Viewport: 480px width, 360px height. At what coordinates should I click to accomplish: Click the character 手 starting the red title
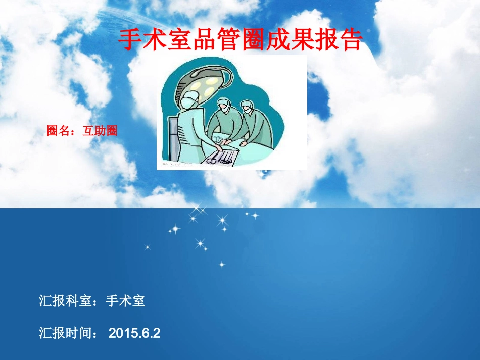click(x=130, y=40)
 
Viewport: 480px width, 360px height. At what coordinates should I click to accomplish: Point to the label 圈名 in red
click(x=58, y=131)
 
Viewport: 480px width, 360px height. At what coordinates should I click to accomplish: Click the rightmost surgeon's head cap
click(x=247, y=105)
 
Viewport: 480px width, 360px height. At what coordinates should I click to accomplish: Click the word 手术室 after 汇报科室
click(x=125, y=301)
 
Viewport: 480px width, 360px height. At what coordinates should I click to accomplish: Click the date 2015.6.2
click(x=134, y=333)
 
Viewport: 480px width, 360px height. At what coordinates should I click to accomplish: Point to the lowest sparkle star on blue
click(x=221, y=264)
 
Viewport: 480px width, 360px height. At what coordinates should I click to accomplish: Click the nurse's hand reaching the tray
click(x=217, y=147)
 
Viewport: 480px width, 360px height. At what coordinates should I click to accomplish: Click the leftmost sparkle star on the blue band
click(x=148, y=247)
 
